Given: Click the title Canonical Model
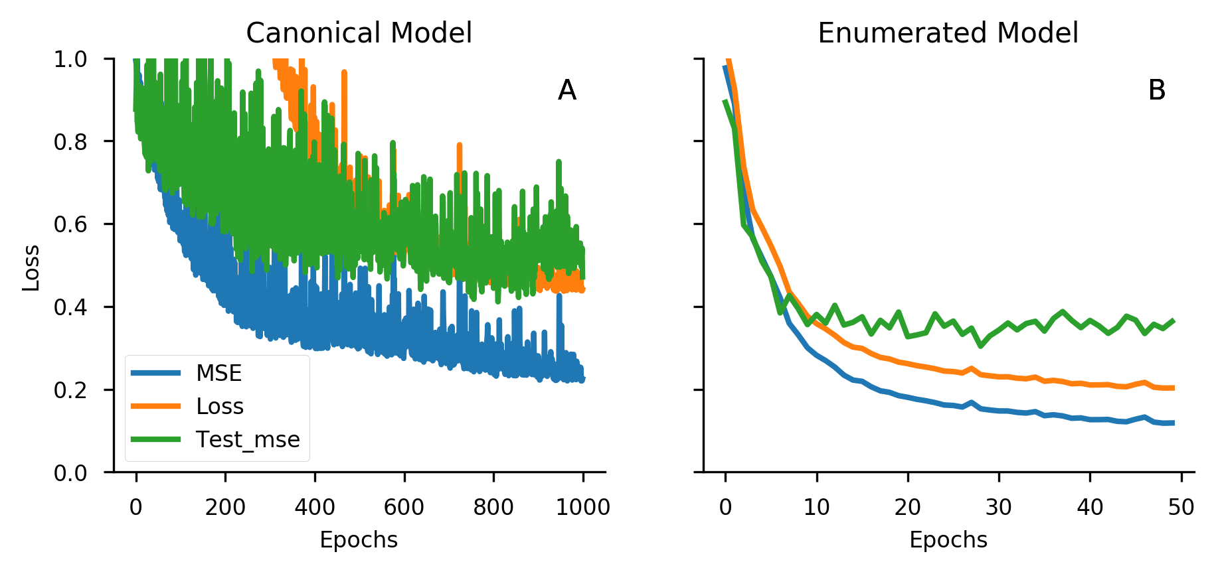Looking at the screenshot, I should [359, 33].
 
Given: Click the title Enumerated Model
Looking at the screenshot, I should [948, 33].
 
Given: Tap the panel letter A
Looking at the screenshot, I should [566, 90].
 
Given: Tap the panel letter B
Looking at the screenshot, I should [1156, 90].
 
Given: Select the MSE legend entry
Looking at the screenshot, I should [218, 373].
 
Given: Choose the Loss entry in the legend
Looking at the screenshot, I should [220, 406].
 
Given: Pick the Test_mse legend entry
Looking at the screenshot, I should [248, 439].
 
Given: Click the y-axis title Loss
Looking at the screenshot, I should [31, 267].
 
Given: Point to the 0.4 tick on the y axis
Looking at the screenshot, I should [70, 307].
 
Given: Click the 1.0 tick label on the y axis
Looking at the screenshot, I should [70, 60].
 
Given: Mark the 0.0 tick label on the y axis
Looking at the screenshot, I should [70, 473].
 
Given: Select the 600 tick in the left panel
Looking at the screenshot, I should [404, 508].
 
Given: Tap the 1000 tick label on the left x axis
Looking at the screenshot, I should [582, 508].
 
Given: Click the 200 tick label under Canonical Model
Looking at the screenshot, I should [225, 508].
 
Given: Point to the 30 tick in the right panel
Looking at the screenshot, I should [998, 508].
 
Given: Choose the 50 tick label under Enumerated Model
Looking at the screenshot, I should [1180, 508].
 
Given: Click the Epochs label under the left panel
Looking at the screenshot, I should [359, 540].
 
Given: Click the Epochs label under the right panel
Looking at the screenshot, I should [948, 540].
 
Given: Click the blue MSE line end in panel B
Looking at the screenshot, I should [1173, 423].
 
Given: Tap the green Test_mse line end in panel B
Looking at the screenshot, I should [1173, 321].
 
